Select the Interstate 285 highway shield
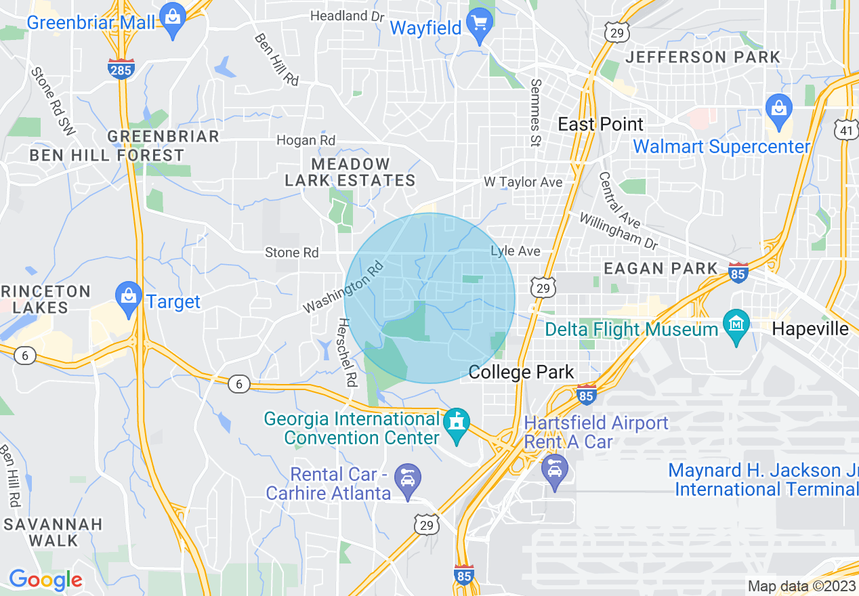[121, 68]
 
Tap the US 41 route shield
[847, 129]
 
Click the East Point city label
[600, 124]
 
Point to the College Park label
[521, 372]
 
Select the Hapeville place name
[810, 329]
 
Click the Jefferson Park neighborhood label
[703, 57]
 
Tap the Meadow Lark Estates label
[350, 172]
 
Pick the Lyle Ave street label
[516, 251]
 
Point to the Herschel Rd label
[345, 353]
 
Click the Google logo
[45, 580]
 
